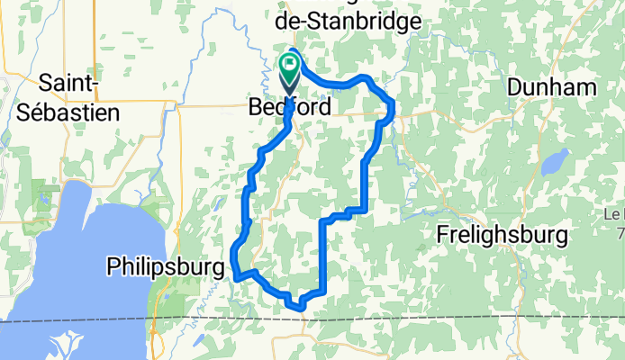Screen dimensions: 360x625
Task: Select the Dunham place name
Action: pyautogui.click(x=552, y=87)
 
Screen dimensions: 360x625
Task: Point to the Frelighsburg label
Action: pyautogui.click(x=502, y=235)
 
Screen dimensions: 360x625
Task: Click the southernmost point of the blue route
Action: pyautogui.click(x=301, y=308)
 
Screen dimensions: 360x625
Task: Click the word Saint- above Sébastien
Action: pyautogui.click(x=68, y=84)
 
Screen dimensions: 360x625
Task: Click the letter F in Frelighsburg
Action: pyautogui.click(x=442, y=235)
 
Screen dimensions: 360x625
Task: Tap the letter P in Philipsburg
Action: pyautogui.click(x=112, y=266)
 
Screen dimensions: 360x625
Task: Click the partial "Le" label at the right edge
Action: pyautogui.click(x=615, y=214)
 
